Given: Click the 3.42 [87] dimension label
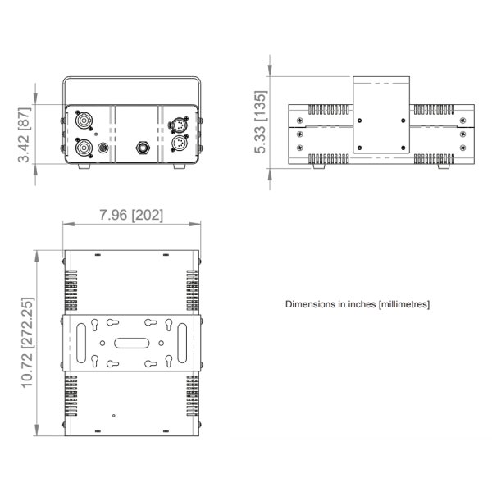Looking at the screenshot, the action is [x=24, y=135].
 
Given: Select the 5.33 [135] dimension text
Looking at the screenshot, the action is [x=261, y=122].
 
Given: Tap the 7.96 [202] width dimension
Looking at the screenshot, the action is [x=131, y=215].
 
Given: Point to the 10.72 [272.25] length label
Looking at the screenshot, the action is [x=27, y=343].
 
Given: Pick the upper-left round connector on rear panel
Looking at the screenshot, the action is [x=84, y=121].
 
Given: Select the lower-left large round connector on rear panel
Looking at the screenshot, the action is [x=84, y=148].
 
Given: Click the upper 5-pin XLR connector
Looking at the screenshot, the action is [x=179, y=124].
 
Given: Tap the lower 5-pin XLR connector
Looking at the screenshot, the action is [x=179, y=143].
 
